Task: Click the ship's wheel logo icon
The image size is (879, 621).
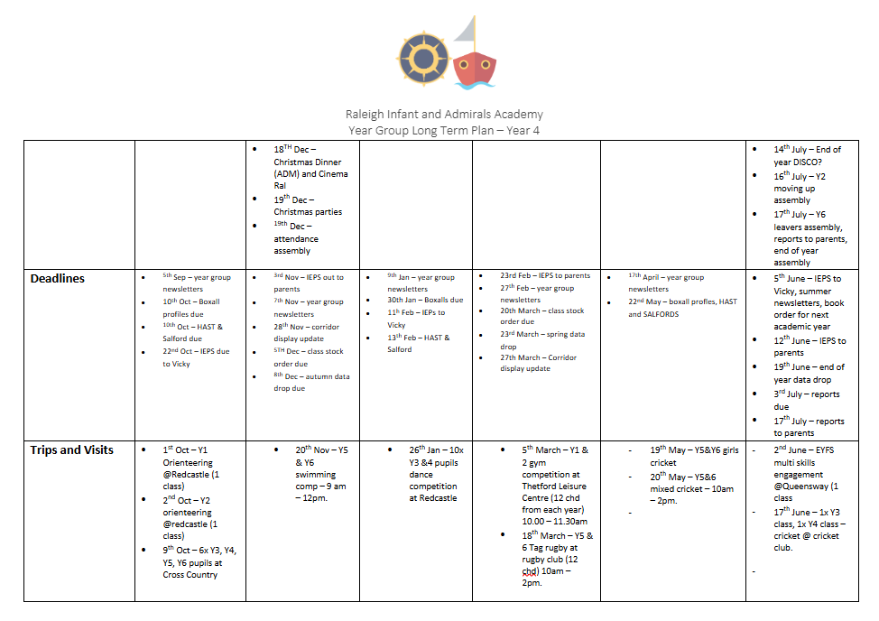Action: (422, 58)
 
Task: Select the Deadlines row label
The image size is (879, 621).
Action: (58, 278)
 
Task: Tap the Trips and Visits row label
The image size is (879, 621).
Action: (72, 450)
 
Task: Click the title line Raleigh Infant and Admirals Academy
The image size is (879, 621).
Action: (444, 115)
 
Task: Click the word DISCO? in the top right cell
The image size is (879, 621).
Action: (804, 162)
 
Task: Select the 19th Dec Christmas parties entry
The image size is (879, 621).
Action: (308, 205)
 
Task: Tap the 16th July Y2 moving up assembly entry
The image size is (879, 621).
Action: (799, 188)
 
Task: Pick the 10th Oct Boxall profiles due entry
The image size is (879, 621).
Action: (190, 307)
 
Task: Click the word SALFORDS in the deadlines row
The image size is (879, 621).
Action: (661, 314)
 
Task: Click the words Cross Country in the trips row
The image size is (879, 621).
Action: (190, 574)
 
